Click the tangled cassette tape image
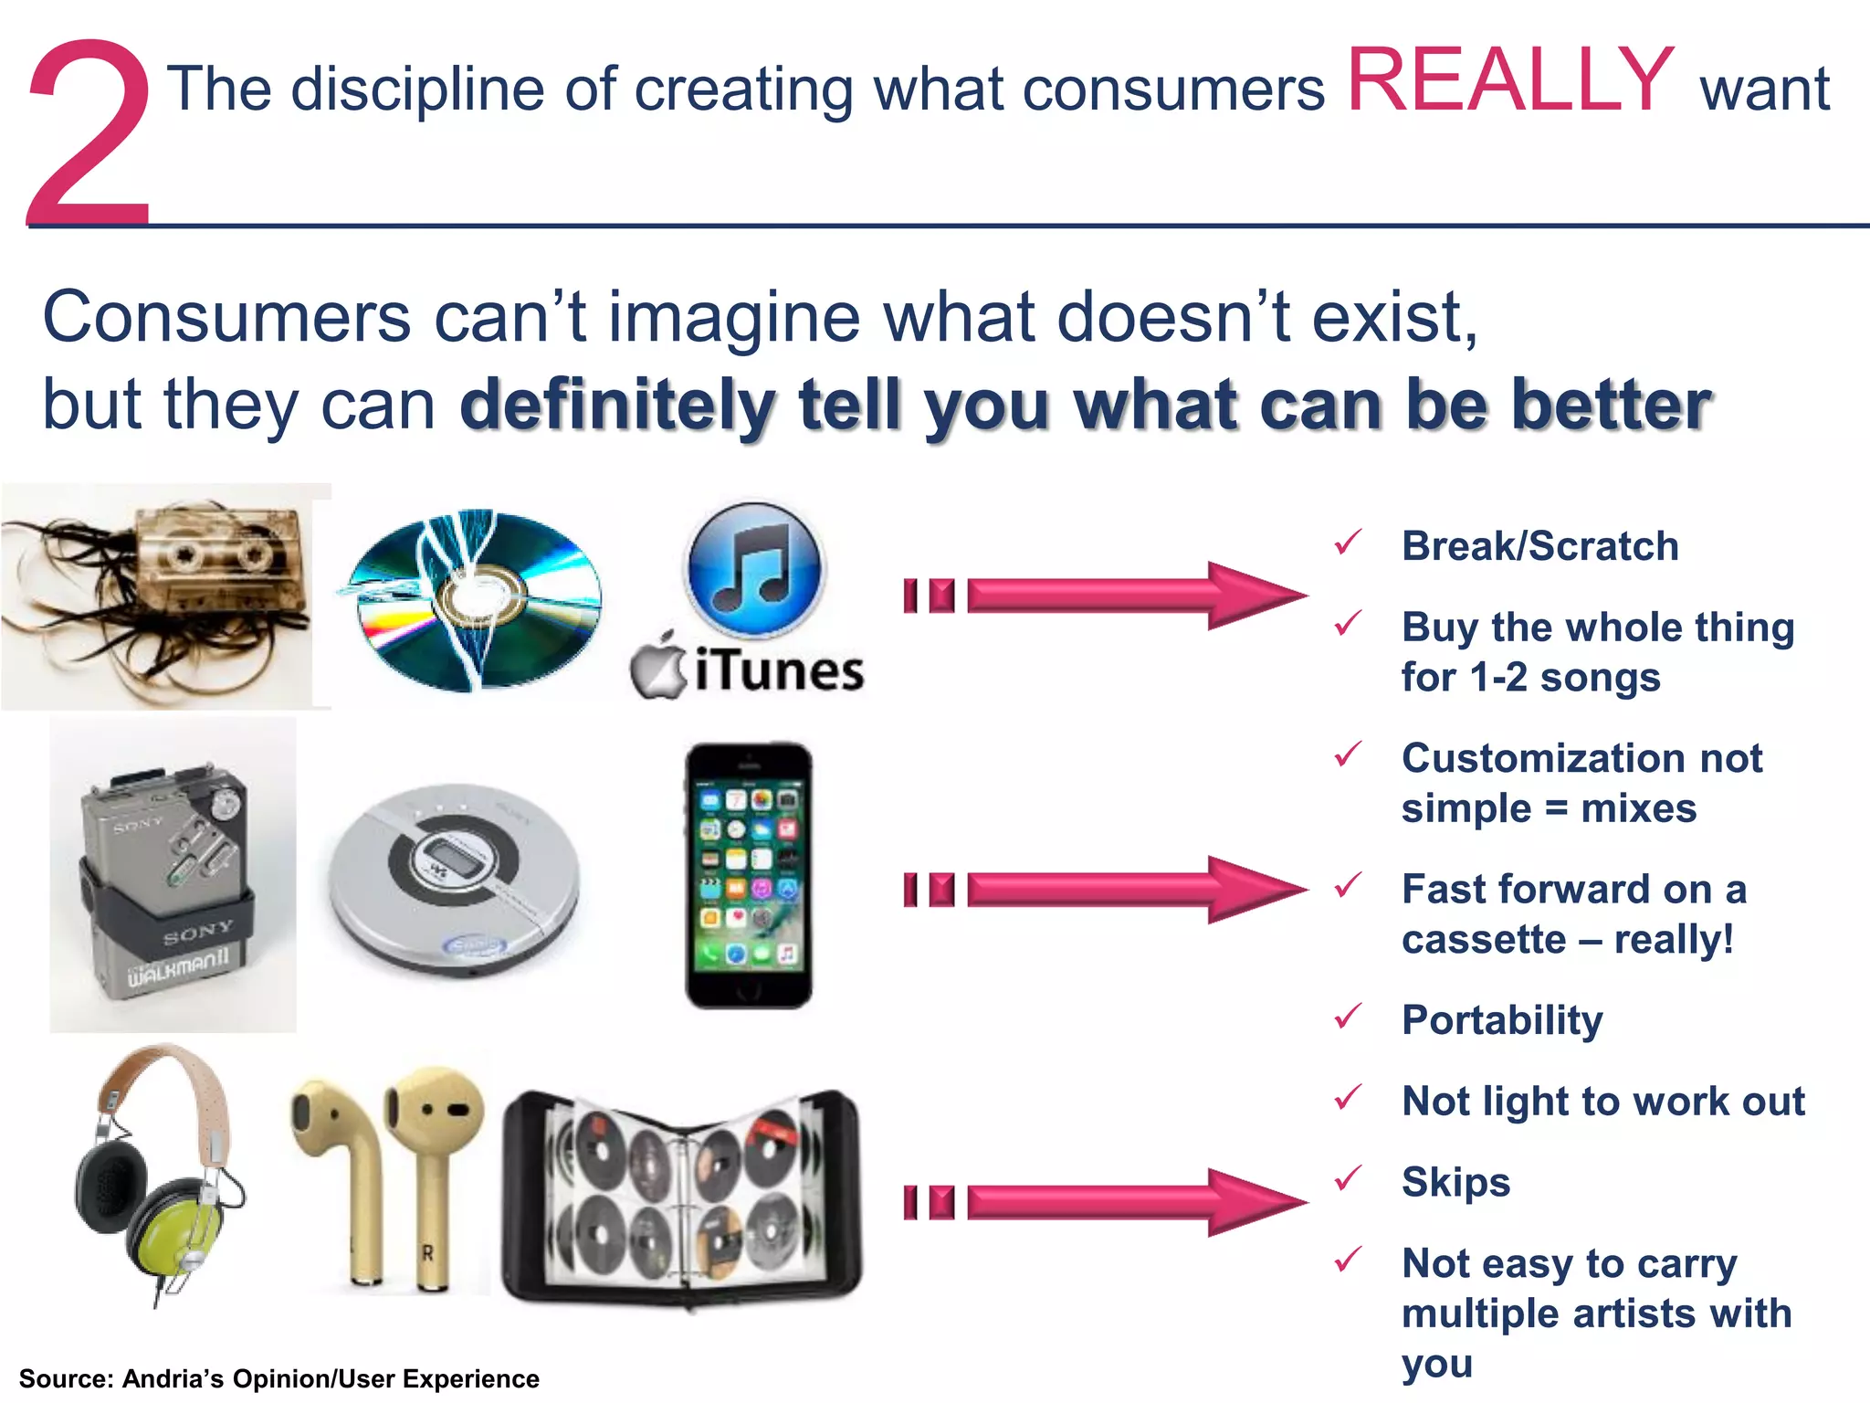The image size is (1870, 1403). click(x=164, y=596)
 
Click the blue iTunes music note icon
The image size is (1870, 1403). click(x=753, y=568)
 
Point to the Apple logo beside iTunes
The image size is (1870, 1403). click(x=657, y=667)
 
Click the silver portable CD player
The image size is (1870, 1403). click(x=454, y=879)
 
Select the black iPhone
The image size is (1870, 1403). click(x=749, y=875)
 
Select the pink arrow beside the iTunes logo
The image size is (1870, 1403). click(x=1105, y=596)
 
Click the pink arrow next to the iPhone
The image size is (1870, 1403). click(x=1105, y=890)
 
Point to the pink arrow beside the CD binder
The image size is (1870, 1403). click(x=1105, y=1202)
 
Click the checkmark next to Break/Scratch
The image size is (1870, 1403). click(x=1348, y=543)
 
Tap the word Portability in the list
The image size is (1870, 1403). click(x=1502, y=1020)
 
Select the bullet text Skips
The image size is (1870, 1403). click(x=1455, y=1182)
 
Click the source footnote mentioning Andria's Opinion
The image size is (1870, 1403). click(x=278, y=1378)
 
